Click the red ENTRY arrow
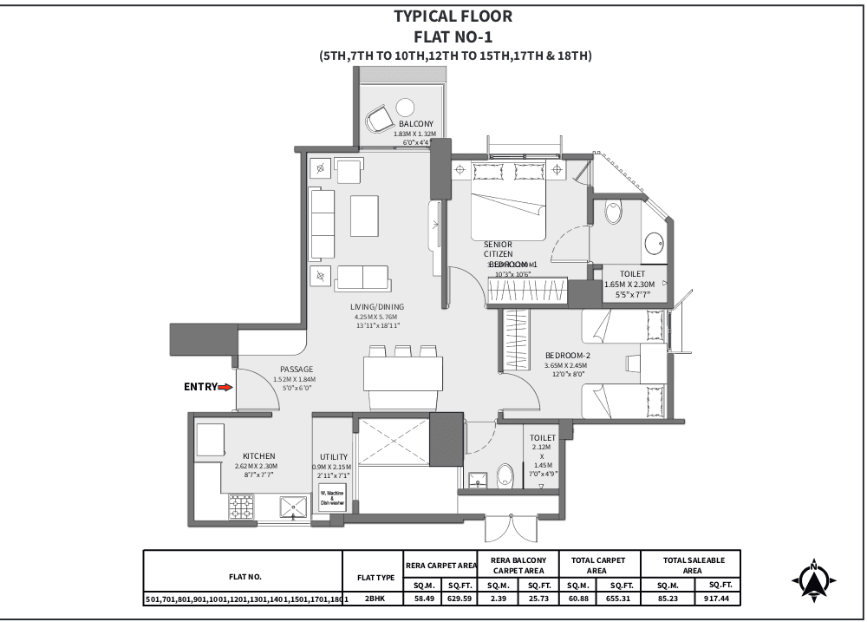tap(226, 388)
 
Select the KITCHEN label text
tap(258, 455)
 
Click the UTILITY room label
tap(334, 457)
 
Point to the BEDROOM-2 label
tap(567, 356)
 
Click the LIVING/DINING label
tap(376, 307)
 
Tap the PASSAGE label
tap(296, 370)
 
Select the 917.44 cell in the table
tap(715, 599)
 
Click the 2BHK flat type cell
tap(374, 599)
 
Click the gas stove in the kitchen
tap(242, 507)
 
